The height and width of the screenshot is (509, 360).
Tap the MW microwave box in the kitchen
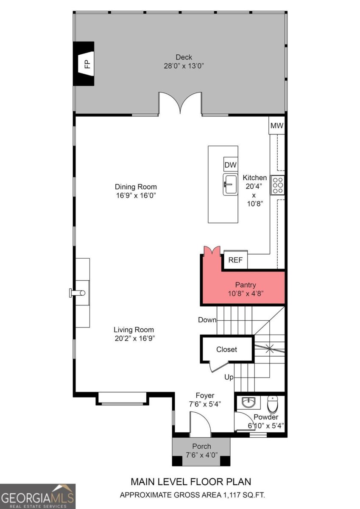coord(277,126)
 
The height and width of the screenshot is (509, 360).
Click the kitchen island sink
coord(230,185)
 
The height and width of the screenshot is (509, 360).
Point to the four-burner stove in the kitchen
coord(278,185)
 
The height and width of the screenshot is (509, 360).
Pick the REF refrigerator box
coord(235,260)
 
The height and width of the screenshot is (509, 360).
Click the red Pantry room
coord(246,288)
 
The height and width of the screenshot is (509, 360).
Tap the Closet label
coord(226,350)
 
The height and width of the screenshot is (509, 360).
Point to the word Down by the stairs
coord(207,320)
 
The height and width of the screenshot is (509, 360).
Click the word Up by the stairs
coord(229,377)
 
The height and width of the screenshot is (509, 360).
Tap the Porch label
coord(201,446)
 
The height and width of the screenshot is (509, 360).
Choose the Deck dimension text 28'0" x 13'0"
coord(184,66)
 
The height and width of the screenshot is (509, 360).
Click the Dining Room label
coord(136,187)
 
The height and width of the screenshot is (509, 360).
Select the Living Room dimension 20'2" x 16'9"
coord(134,338)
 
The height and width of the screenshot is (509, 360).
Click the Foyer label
coord(205,395)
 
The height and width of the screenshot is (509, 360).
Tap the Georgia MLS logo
coord(38,496)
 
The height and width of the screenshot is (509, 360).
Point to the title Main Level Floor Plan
coord(191,481)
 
